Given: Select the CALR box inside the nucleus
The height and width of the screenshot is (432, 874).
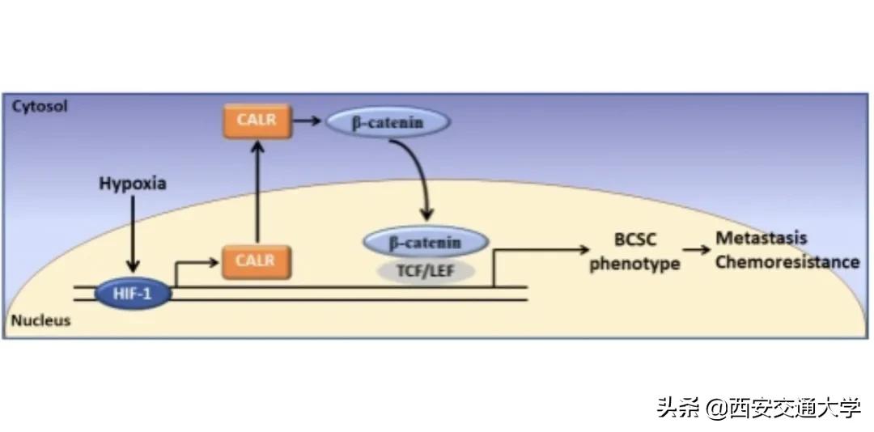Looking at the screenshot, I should click(255, 260).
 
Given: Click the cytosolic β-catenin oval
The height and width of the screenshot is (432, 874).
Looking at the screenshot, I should click(387, 123).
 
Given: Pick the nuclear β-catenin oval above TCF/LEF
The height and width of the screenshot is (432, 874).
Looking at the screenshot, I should click(426, 242).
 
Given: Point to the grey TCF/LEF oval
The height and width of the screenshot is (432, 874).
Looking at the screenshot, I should click(425, 270).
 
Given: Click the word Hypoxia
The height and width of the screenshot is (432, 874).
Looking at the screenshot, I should click(133, 184).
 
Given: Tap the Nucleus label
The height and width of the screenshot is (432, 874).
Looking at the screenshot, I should click(40, 321).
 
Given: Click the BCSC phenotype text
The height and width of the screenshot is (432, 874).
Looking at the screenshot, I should click(634, 252).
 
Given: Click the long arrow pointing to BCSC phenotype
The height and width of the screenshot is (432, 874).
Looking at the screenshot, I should click(542, 251).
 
